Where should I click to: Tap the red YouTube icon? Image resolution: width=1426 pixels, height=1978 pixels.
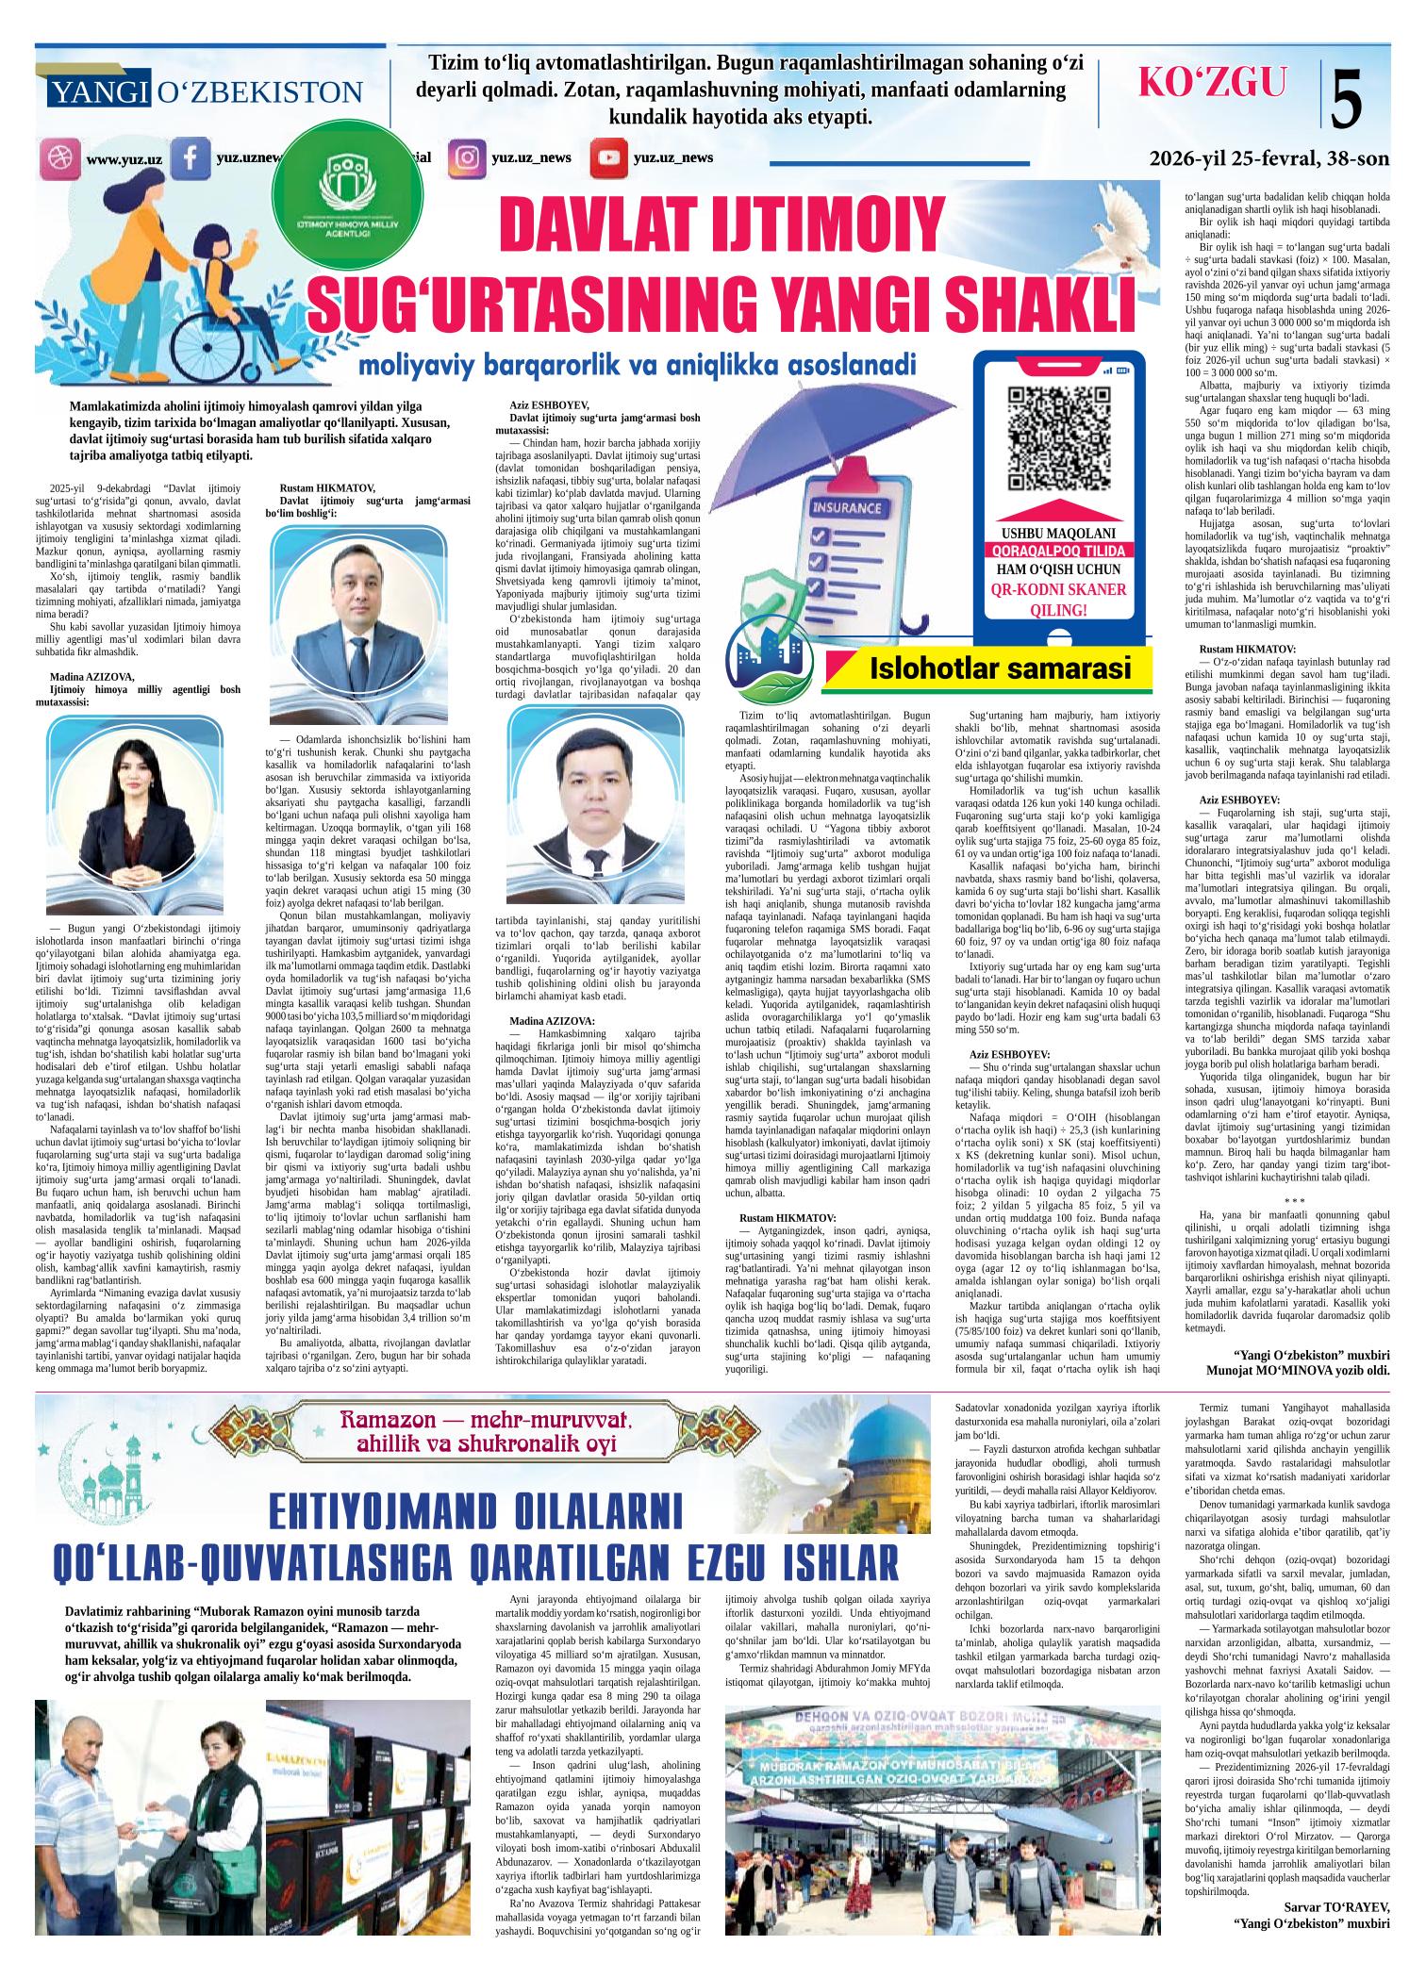tap(608, 157)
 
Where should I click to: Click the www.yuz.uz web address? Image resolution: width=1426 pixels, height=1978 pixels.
tap(124, 159)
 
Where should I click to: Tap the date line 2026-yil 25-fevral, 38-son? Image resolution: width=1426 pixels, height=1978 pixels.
tap(1269, 158)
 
